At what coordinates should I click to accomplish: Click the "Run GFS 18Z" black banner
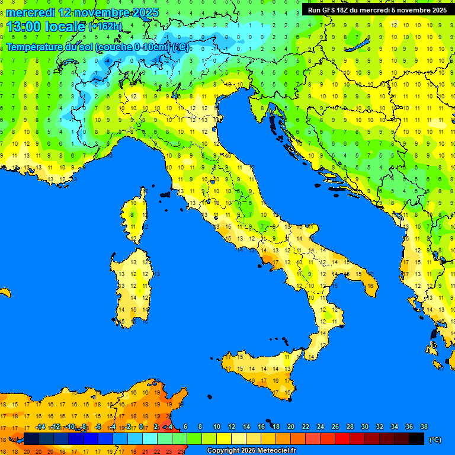[375, 10]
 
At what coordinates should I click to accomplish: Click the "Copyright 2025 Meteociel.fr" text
[251, 451]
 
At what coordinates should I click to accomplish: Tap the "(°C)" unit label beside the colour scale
[435, 439]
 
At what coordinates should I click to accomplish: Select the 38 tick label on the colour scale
[424, 427]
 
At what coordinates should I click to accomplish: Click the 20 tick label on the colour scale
[291, 427]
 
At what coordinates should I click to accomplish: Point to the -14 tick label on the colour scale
[40, 427]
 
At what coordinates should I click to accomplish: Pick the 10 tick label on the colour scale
[217, 427]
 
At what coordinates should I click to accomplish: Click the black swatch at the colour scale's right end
[416, 438]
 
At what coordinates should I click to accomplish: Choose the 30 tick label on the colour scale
[365, 427]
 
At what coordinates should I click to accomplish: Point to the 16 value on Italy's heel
[370, 286]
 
